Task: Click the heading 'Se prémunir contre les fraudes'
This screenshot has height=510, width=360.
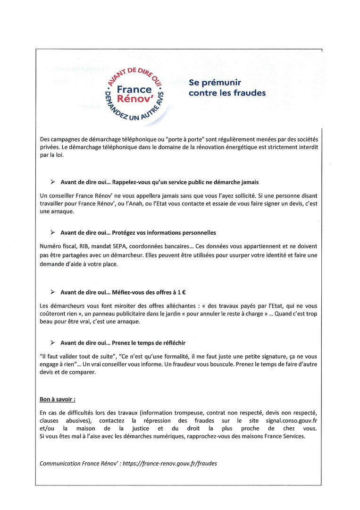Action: [x=227, y=88]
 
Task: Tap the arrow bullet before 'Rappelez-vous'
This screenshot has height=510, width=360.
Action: [x=52, y=182]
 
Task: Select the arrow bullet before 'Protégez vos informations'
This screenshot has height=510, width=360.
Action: [x=52, y=232]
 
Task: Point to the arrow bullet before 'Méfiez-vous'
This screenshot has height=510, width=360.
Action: [x=52, y=292]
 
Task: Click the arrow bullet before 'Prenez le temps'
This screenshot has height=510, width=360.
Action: [x=52, y=342]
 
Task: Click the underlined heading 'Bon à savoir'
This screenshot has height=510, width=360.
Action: [x=58, y=399]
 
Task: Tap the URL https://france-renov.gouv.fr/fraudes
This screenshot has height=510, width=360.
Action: [x=169, y=464]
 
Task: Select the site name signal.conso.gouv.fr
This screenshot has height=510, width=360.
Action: [x=287, y=420]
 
